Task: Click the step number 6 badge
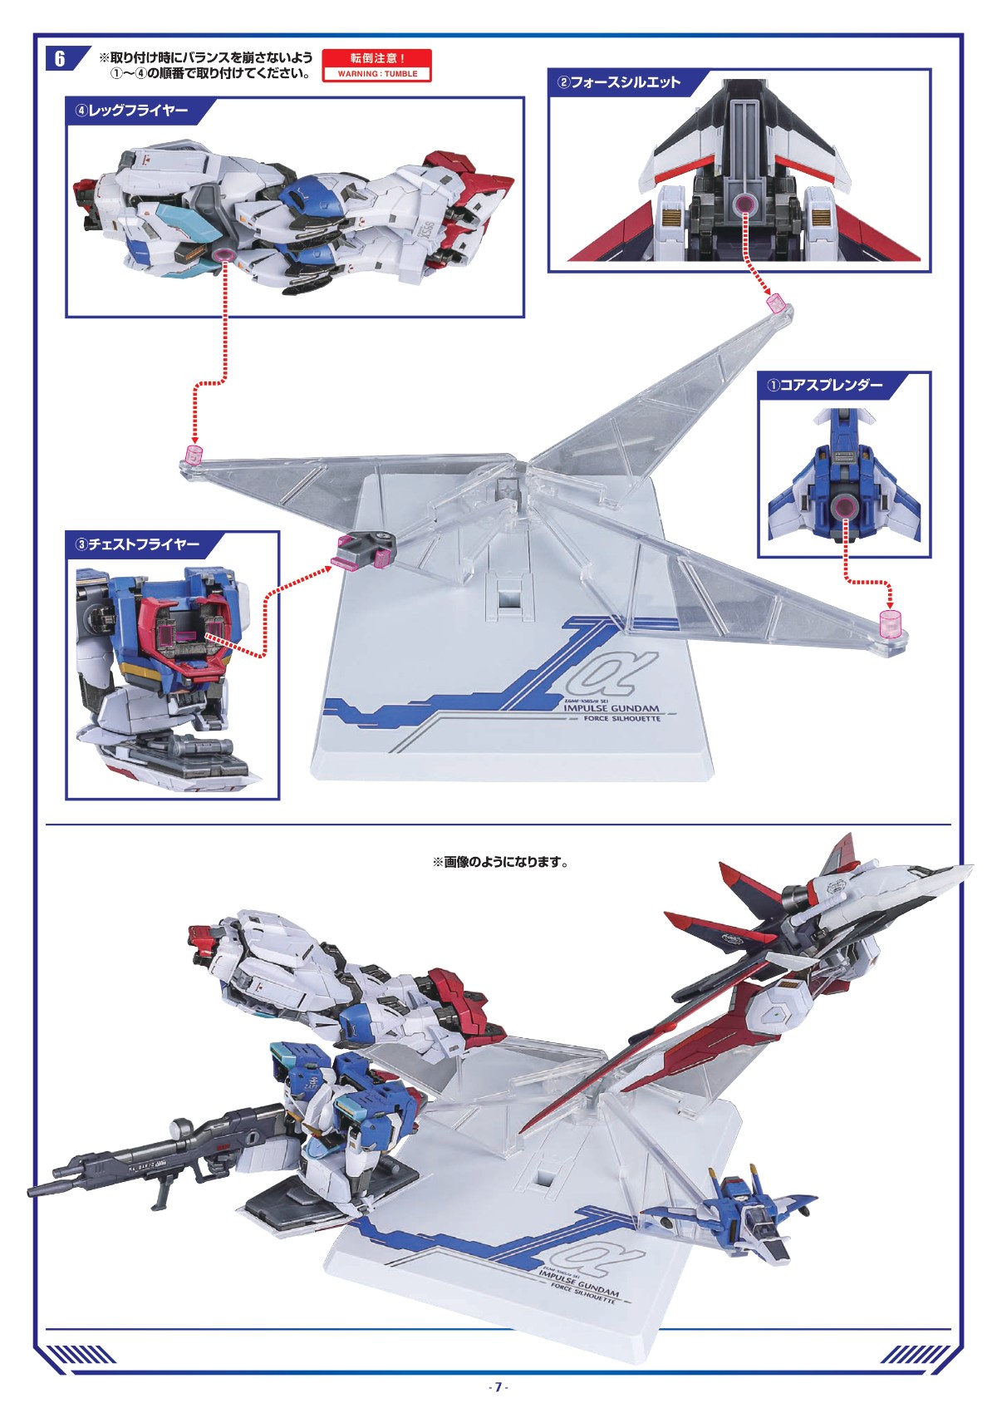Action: [60, 58]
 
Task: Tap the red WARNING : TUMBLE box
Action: [377, 66]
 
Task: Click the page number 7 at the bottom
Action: [498, 1386]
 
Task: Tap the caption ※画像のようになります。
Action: [500, 862]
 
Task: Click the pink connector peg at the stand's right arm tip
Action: [890, 623]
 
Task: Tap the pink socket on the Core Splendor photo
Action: [846, 506]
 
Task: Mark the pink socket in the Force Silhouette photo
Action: [744, 204]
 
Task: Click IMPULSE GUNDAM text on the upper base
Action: [611, 708]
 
